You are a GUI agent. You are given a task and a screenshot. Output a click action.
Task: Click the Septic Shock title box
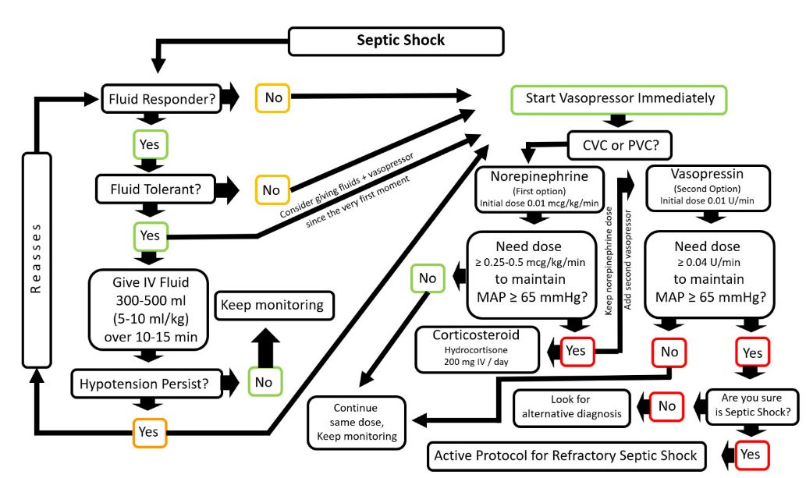click(x=400, y=41)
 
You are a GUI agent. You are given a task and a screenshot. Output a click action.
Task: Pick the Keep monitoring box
click(x=272, y=305)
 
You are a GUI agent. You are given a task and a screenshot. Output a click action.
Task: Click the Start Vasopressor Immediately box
click(x=620, y=99)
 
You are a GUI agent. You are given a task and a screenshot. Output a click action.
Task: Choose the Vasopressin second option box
click(x=705, y=188)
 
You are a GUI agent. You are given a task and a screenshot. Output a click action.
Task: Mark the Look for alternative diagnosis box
click(x=571, y=406)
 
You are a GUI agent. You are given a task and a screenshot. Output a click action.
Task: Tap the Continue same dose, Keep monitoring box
click(x=355, y=422)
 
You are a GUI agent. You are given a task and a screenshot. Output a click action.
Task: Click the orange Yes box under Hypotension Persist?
click(x=147, y=430)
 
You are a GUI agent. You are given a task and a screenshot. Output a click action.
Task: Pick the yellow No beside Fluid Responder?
click(x=273, y=97)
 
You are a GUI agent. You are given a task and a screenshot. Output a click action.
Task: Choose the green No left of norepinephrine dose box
click(x=428, y=277)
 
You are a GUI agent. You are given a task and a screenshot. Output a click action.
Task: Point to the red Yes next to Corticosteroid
click(x=575, y=351)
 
